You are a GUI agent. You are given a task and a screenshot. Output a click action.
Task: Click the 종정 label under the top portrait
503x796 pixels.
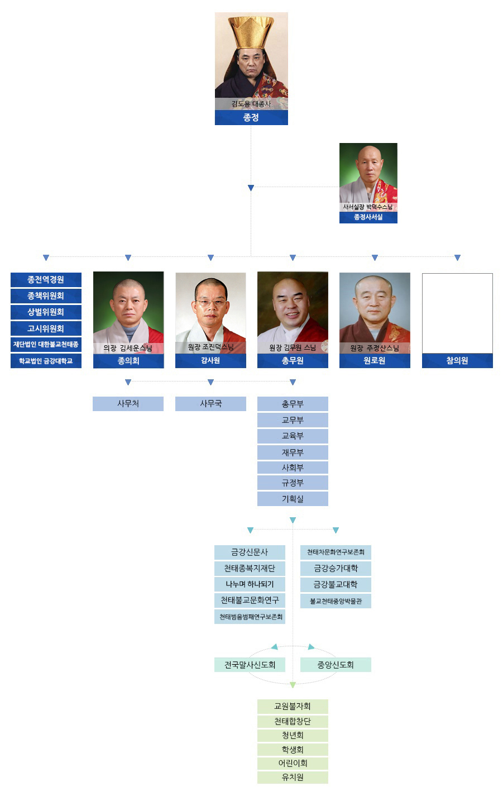coord(251,118)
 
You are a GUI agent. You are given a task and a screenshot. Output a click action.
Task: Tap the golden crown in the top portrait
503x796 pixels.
coord(251,32)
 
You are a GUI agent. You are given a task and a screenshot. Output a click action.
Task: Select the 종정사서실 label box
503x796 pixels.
coord(368,217)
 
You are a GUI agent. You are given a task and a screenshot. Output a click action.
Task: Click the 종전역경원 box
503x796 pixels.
coord(46,280)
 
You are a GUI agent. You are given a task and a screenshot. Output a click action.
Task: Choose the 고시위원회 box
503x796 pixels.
coord(46,328)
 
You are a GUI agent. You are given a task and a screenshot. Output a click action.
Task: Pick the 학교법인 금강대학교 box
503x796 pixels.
coord(46,361)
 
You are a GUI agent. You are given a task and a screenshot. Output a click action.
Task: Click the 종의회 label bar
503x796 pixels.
coord(128,361)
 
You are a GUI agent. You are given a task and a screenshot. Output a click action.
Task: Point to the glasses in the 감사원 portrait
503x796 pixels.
coord(211,303)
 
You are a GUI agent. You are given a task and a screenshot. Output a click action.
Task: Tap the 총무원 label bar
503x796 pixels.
coord(293,361)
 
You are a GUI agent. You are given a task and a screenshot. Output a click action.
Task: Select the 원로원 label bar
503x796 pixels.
coord(375,361)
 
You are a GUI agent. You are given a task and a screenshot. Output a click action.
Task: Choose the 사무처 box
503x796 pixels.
coord(128,404)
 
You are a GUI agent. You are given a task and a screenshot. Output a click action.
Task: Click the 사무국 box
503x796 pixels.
coord(210,404)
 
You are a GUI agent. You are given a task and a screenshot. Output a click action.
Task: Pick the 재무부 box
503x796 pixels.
coord(293,452)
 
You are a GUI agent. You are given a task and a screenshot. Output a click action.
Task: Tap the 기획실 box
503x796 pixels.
coord(293,499)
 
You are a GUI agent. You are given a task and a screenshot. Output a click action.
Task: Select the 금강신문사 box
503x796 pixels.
coord(250,552)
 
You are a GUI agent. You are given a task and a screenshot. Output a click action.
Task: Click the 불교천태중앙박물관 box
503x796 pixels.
coord(336,601)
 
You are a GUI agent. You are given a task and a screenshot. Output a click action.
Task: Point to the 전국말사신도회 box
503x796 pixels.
coord(250,665)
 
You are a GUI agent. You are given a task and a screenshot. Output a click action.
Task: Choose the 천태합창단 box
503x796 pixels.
coord(293,721)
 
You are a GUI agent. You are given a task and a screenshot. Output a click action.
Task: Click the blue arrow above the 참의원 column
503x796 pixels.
coord(458,258)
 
